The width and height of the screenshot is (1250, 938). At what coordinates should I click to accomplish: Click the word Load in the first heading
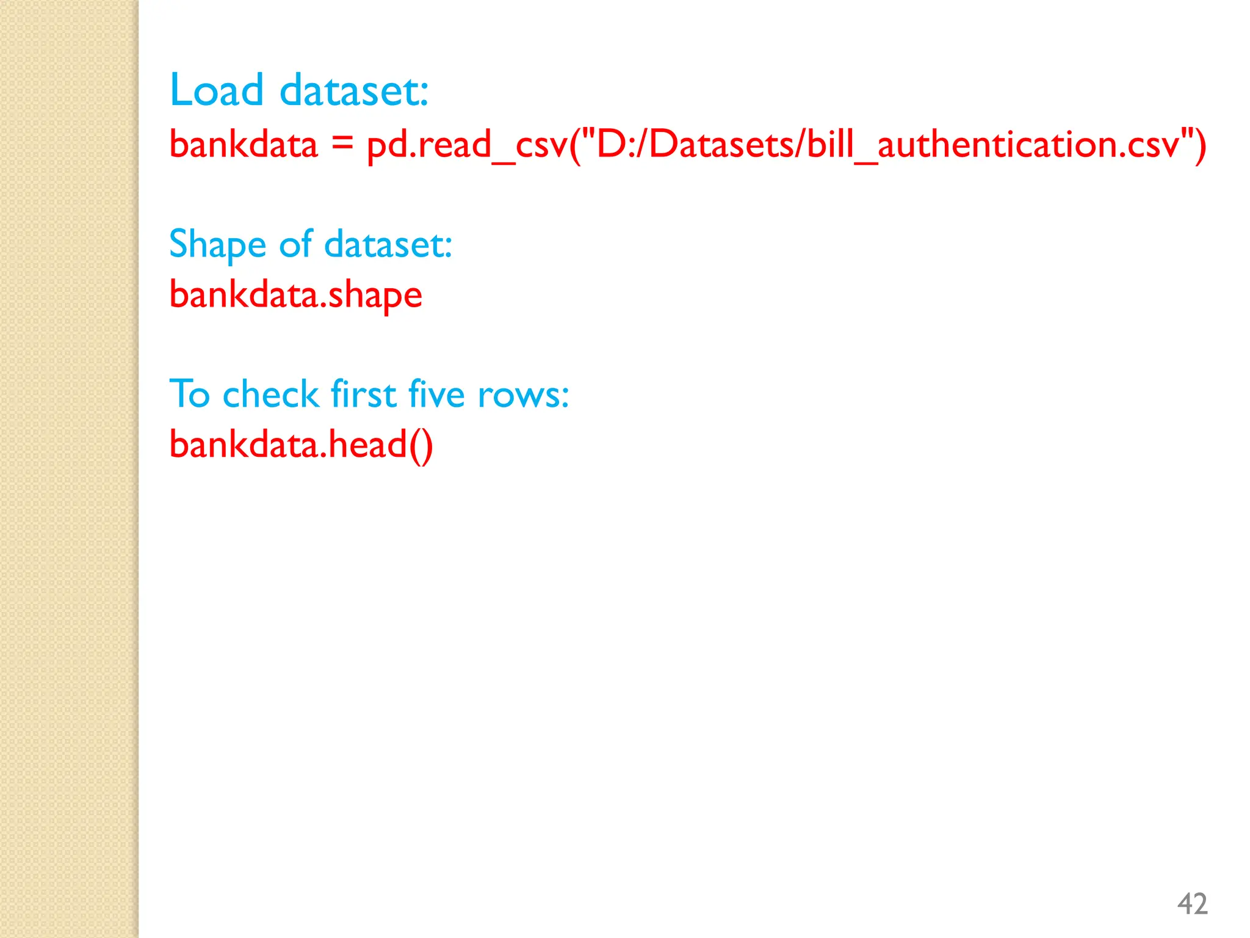217,90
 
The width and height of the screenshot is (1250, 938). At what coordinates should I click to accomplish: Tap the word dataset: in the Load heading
354,90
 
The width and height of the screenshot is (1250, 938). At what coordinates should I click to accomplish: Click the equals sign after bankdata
342,144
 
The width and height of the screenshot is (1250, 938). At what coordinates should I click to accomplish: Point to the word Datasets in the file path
723,145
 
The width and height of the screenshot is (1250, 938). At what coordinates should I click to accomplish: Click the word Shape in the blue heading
218,244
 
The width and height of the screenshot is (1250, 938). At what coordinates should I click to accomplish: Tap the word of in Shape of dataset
296,244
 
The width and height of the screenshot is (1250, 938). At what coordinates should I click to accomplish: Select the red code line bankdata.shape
295,295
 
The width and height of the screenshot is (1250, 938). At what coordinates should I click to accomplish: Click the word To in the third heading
190,393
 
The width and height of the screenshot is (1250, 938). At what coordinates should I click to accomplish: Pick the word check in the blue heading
271,393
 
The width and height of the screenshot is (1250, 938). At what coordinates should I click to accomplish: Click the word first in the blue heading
364,393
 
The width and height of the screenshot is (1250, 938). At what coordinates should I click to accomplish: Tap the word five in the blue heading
436,393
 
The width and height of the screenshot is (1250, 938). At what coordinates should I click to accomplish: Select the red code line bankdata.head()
301,445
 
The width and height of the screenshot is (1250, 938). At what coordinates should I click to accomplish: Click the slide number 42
1192,904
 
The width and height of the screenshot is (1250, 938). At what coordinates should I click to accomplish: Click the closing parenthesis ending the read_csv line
1200,145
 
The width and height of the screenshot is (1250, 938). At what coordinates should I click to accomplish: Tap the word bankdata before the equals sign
244,145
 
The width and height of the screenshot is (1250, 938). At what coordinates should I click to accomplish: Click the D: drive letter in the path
616,145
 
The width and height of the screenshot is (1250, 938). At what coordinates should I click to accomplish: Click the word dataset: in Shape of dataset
388,244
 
